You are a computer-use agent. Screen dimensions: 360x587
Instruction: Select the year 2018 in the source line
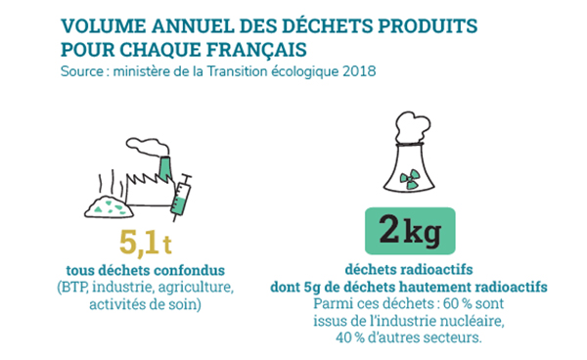click(359, 71)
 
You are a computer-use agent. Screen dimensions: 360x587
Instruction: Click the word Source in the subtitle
click(83, 71)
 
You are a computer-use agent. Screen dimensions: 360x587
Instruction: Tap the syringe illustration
click(181, 193)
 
